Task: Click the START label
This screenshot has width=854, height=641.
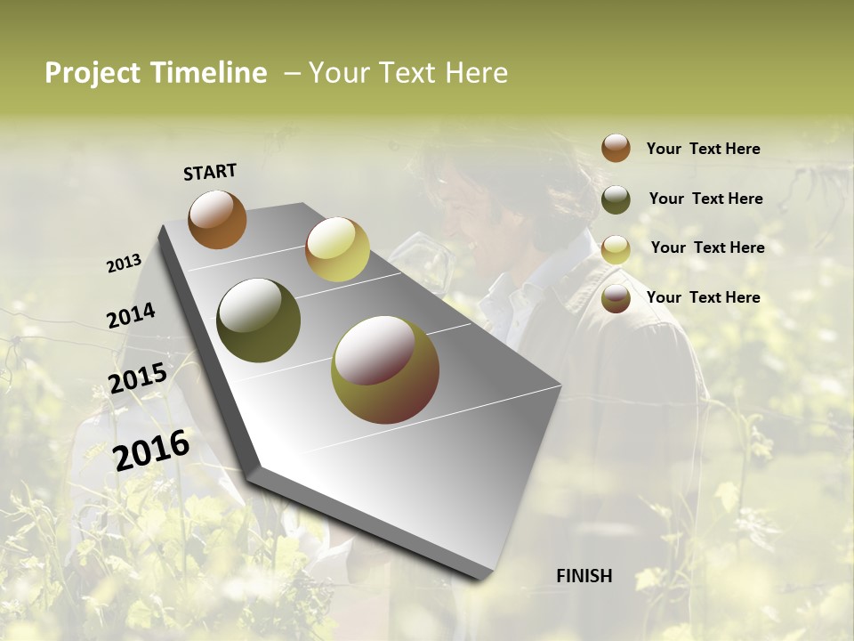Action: click(x=210, y=172)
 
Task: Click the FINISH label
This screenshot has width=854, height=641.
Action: click(x=584, y=576)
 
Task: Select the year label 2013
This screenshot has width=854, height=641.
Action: click(x=124, y=264)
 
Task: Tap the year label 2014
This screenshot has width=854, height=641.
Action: click(x=131, y=316)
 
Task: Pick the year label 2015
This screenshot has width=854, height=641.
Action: click(x=138, y=378)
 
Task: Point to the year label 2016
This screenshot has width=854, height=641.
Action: click(x=151, y=450)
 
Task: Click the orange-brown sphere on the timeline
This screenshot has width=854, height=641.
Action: click(x=217, y=219)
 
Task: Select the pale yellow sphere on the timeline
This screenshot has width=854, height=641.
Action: click(x=337, y=249)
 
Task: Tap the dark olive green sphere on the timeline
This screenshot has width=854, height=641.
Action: click(x=259, y=320)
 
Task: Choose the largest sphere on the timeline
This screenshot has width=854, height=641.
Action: click(x=385, y=369)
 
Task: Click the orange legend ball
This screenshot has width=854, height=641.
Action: click(x=616, y=149)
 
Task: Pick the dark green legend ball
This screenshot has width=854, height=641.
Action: click(x=616, y=199)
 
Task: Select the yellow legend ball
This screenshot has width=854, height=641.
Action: click(x=616, y=249)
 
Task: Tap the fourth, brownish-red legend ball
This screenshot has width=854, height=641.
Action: click(x=616, y=298)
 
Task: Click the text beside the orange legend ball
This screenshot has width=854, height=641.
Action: click(x=703, y=149)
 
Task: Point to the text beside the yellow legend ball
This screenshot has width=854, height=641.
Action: click(x=707, y=247)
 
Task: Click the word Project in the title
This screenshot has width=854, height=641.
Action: click(x=93, y=73)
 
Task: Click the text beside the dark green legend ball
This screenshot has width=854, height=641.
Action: click(x=705, y=199)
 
